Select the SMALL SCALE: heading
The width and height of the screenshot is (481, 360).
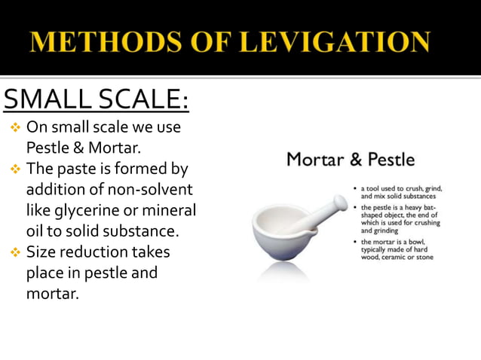pos(96,99)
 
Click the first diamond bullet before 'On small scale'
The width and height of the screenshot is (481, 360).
pos(14,127)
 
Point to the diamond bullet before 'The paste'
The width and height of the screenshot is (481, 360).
pos(14,169)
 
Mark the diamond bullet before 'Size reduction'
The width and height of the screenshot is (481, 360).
pos(14,252)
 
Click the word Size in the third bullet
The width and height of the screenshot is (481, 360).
pos(41,252)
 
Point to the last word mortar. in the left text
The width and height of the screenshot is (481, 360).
pos(52,294)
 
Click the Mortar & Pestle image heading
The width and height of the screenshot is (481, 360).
pos(350,160)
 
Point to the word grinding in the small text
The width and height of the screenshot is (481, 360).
pos(384,231)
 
